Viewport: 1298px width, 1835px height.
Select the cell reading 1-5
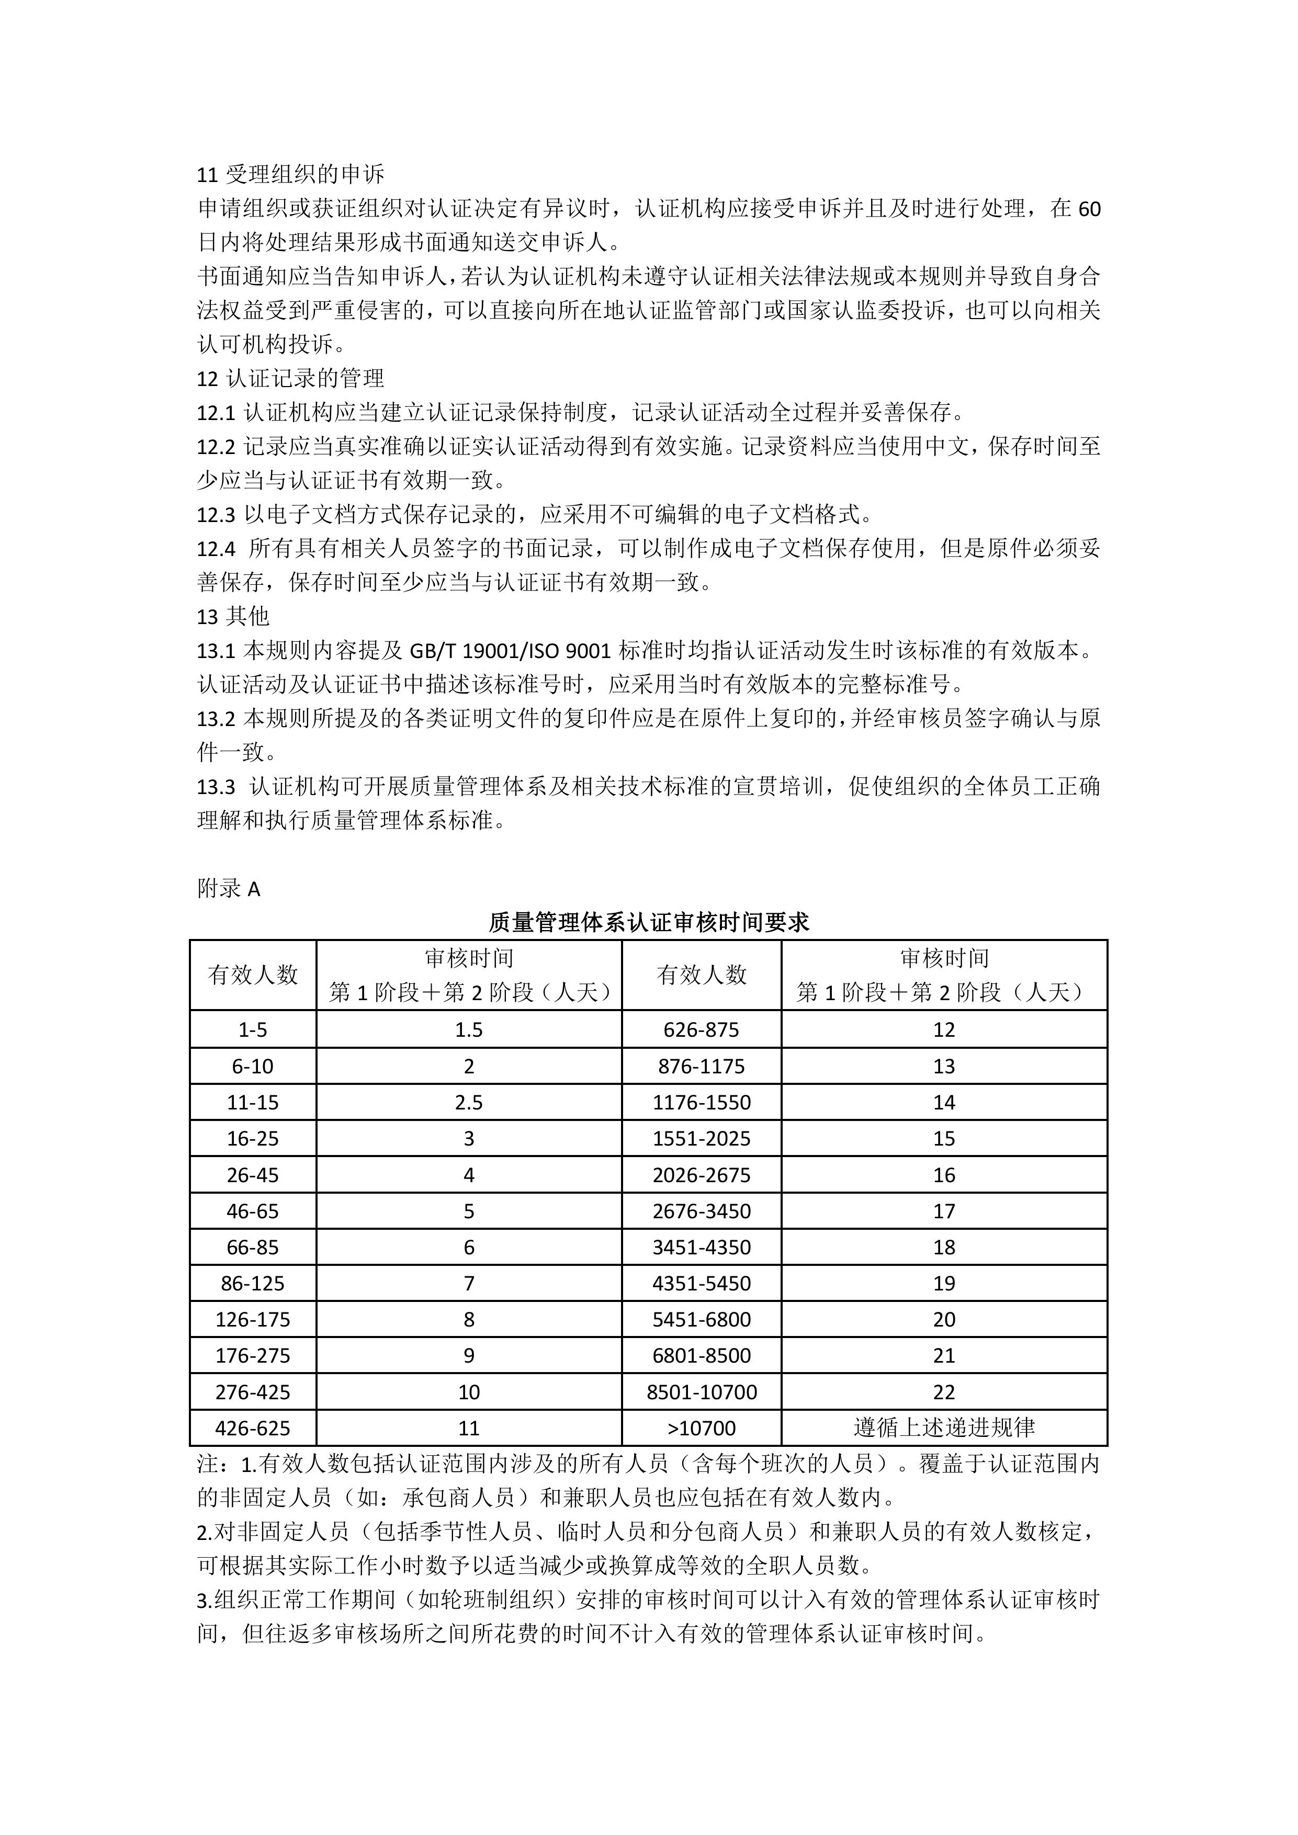click(253, 1030)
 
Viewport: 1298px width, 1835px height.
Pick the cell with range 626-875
click(701, 1030)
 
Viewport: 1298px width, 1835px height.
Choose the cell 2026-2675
click(701, 1175)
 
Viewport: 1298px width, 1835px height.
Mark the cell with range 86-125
click(253, 1284)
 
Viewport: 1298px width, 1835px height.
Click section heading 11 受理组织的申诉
click(291, 174)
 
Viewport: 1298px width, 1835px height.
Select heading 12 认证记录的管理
click(291, 378)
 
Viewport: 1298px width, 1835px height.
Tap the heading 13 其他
click(233, 616)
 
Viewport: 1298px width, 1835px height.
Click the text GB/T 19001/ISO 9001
click(511, 651)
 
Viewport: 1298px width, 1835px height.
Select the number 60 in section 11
click(1089, 209)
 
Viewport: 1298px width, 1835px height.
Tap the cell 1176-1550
click(701, 1103)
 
